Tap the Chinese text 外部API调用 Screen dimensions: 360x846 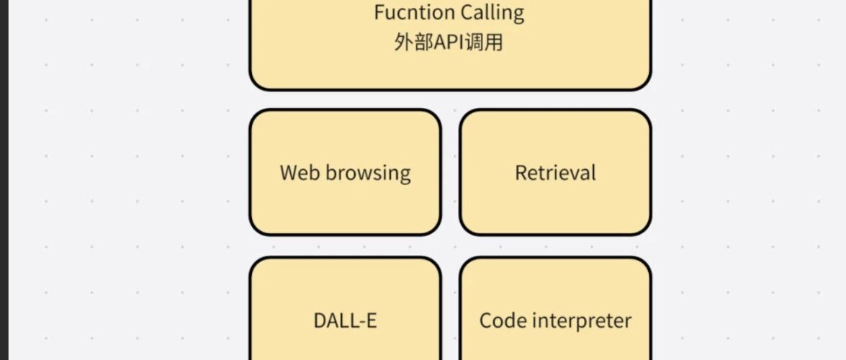tap(449, 42)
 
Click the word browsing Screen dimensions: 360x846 tap(368, 174)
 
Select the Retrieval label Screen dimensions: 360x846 tap(555, 173)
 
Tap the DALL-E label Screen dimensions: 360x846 tap(345, 320)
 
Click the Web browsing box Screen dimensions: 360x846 tap(345, 209)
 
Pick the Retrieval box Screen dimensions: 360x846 tap(555, 209)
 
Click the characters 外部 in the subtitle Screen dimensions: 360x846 tap(412, 42)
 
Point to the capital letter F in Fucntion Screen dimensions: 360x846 tap(379, 13)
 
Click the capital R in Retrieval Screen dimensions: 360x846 tap(521, 173)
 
